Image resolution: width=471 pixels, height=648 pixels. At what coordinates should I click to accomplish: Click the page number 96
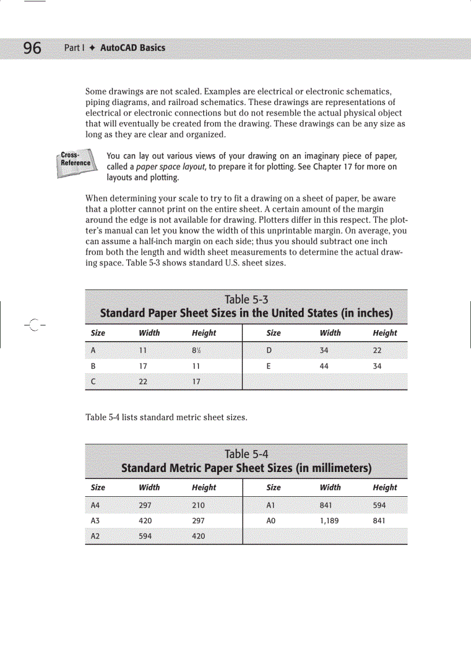[32, 48]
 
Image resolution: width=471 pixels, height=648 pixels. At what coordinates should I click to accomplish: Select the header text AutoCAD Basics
[132, 48]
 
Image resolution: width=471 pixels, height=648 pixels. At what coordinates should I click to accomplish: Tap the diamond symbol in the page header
[91, 48]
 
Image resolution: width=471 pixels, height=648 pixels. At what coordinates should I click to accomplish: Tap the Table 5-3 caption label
[246, 299]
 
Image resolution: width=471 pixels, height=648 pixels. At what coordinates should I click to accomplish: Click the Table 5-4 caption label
[246, 454]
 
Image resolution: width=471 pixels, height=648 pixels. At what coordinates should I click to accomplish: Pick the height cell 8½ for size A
[197, 350]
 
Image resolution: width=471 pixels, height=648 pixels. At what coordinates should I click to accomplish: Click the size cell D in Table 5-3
[269, 350]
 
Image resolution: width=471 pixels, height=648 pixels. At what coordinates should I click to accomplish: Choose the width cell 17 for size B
[143, 366]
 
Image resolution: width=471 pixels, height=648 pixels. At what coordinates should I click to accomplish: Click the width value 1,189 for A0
[329, 520]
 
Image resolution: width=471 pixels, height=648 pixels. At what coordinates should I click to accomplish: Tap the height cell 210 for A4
[198, 505]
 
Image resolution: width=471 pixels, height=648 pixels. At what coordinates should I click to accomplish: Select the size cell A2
[96, 536]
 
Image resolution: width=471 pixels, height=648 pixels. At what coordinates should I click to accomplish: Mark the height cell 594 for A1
[379, 505]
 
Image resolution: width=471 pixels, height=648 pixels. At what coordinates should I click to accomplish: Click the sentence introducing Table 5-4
[166, 417]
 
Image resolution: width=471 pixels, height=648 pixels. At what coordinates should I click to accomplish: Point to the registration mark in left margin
[34, 325]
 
